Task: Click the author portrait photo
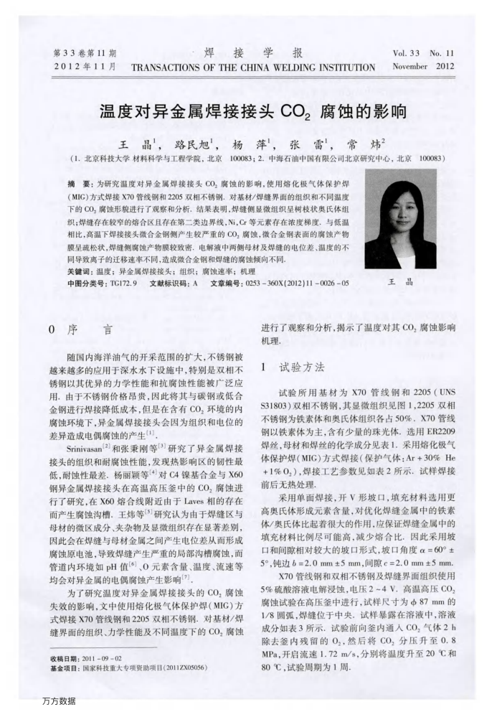click(x=400, y=220)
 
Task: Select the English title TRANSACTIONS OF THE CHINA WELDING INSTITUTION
click(x=253, y=67)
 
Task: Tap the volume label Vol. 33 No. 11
click(x=423, y=53)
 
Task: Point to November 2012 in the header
click(x=423, y=67)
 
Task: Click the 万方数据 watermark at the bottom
click(x=59, y=700)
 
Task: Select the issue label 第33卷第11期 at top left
click(x=85, y=53)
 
